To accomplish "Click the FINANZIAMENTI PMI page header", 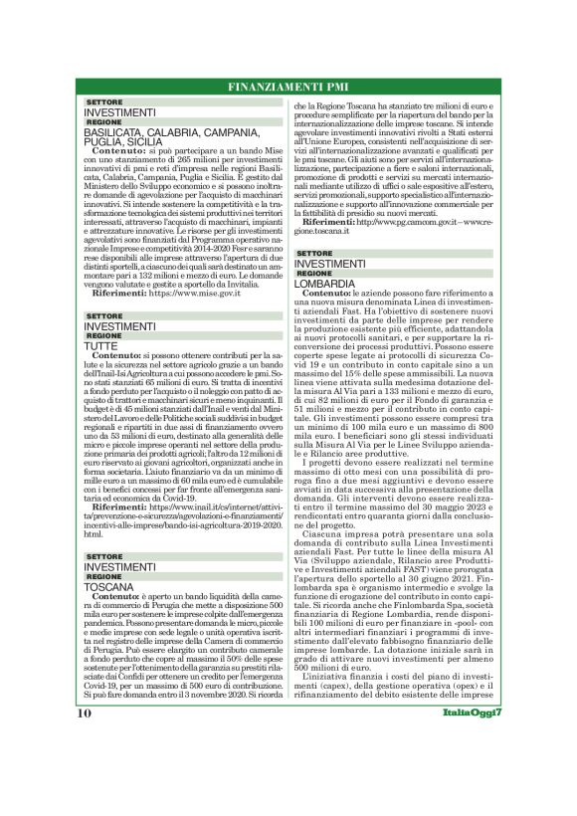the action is coord(288,87).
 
